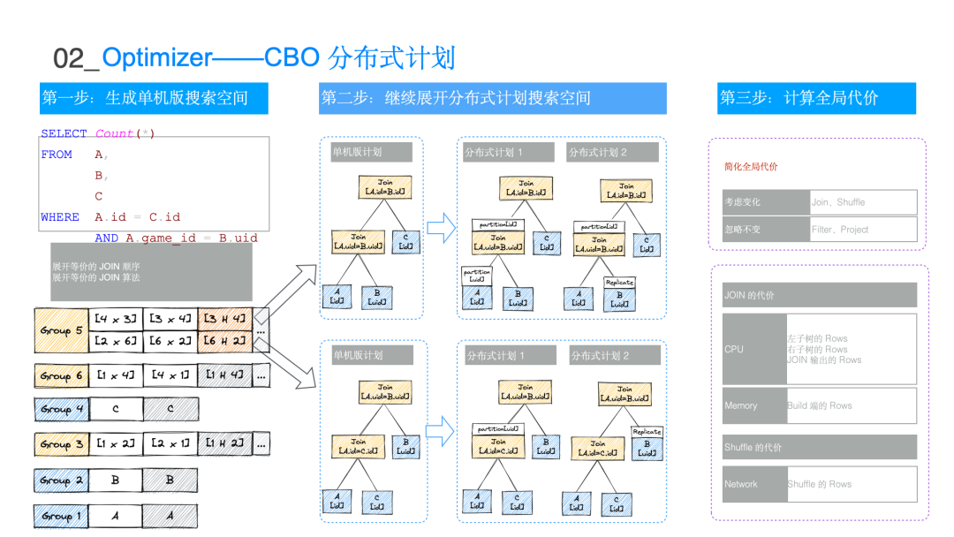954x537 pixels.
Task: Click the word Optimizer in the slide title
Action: (157, 58)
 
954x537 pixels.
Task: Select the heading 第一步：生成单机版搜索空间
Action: (154, 98)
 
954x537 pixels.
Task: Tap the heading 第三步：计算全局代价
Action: (816, 98)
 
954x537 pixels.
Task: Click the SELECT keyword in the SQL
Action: (64, 134)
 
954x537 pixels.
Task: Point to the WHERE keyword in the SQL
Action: (60, 217)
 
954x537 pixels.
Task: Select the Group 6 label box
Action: (61, 375)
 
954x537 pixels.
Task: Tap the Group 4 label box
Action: (61, 409)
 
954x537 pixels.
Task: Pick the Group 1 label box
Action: (61, 515)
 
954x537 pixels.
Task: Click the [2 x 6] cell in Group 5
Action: (115, 342)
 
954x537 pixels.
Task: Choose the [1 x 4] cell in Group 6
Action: (115, 375)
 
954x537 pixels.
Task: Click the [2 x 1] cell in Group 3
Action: (170, 443)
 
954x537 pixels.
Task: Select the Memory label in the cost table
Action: (753, 405)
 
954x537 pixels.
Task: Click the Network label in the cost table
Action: (753, 484)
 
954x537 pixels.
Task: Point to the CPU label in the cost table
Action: (753, 349)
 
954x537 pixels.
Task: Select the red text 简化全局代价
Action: (751, 167)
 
